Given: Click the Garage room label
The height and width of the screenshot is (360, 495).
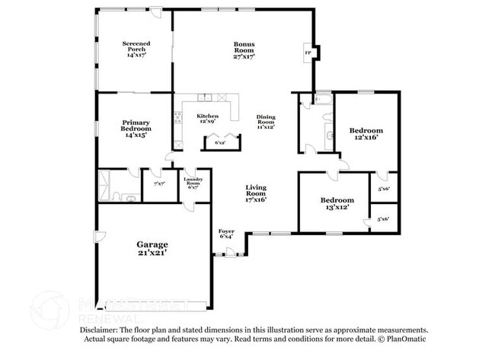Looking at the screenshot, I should coord(152,248).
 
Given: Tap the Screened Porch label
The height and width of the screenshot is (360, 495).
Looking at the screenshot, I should coord(135,49).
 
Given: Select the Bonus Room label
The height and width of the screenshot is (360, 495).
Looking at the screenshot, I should coord(244,49).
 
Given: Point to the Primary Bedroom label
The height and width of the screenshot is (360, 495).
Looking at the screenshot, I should coord(135,127).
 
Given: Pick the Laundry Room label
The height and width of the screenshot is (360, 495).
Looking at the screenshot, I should coord(193,182).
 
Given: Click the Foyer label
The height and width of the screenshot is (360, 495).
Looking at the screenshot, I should coord(226,233).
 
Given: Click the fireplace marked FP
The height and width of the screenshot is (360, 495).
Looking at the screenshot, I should coord(308,53).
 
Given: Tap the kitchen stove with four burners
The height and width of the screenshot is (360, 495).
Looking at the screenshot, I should coord(178,118).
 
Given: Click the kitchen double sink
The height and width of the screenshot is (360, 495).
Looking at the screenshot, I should coord(204,97).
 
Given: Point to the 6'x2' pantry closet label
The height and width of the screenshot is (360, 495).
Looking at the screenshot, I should coord(219,142).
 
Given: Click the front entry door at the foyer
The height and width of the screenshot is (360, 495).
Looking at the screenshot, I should coord(229,250).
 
